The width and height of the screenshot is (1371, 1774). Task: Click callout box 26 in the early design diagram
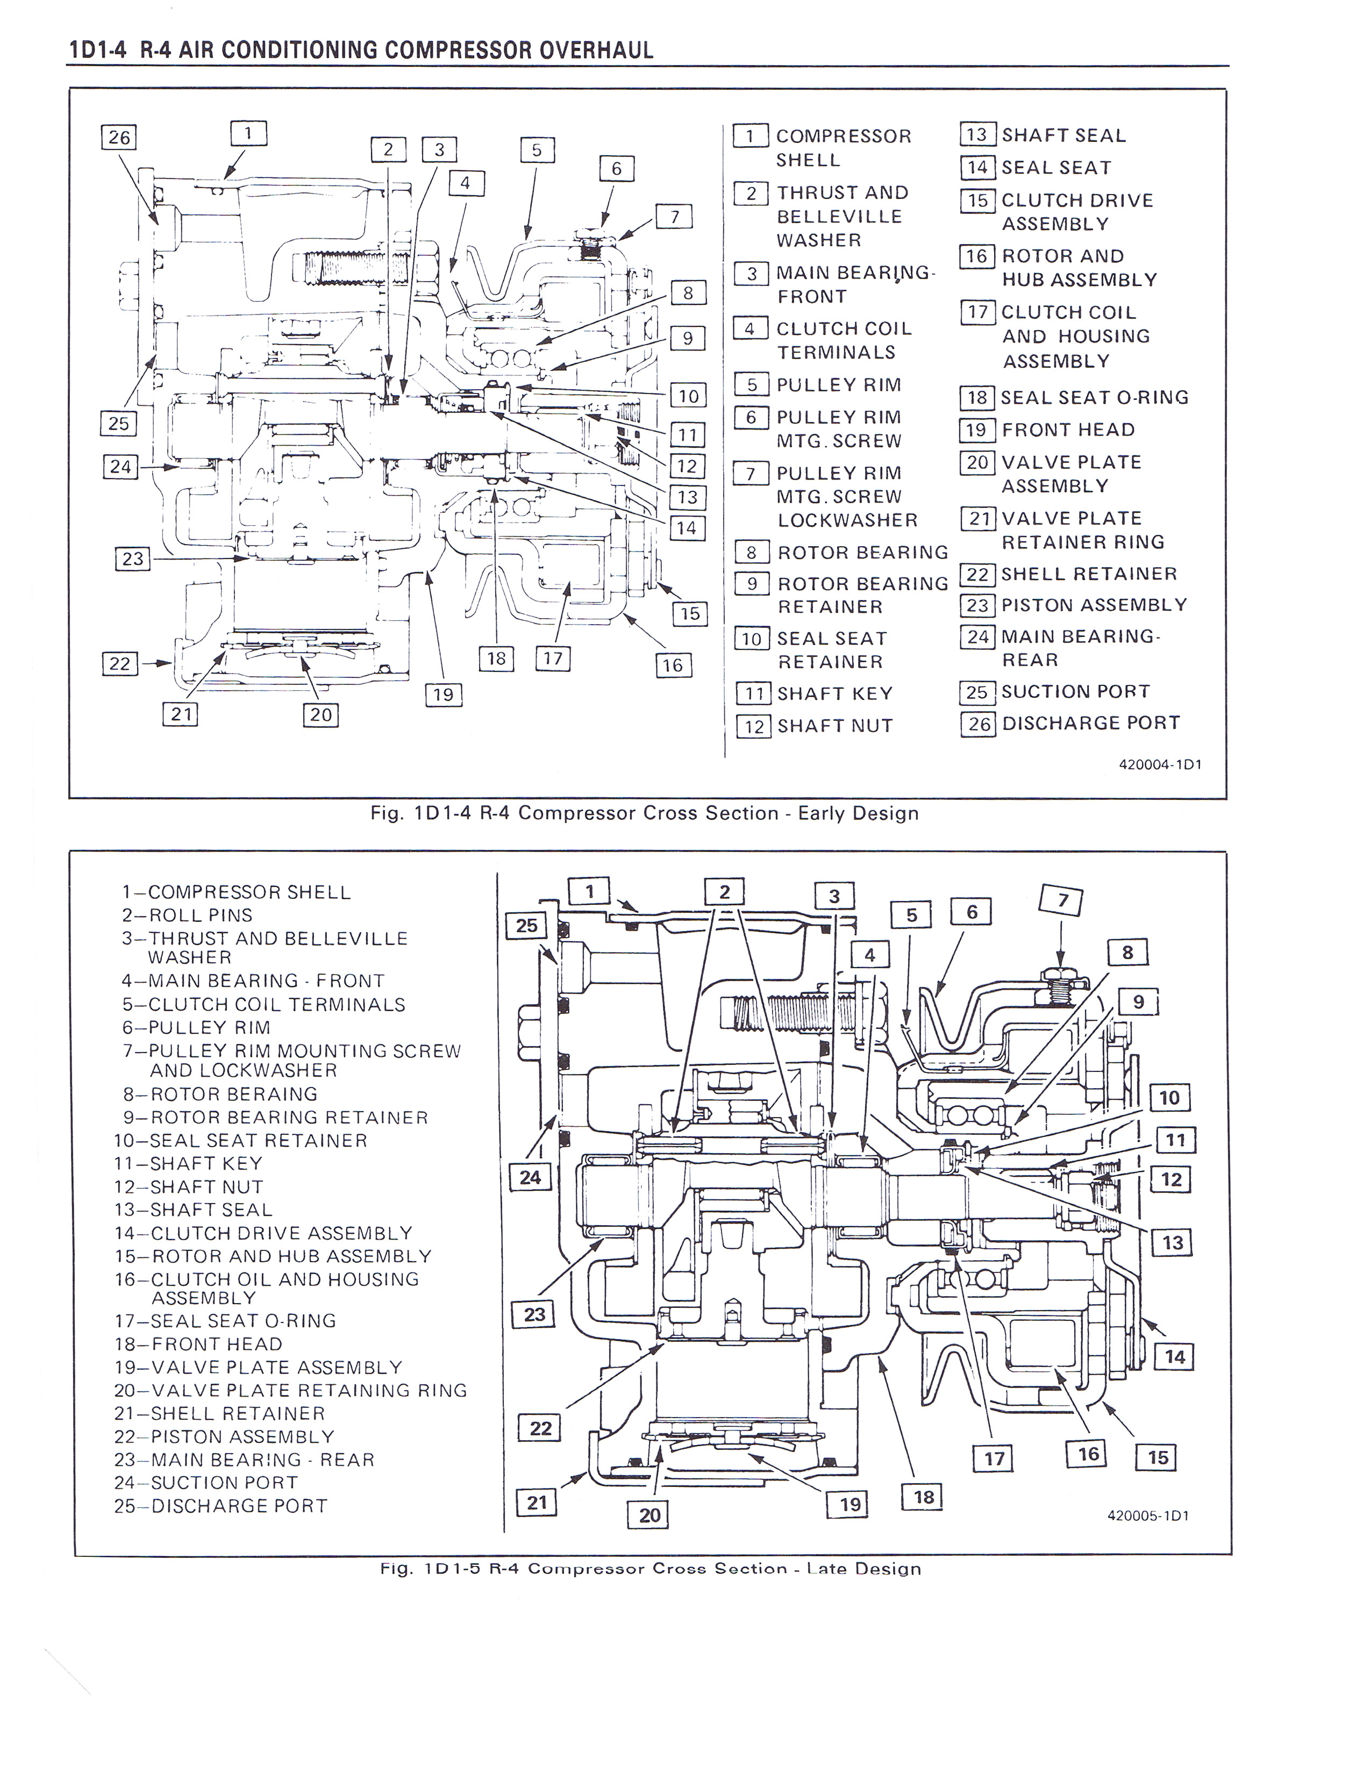119,137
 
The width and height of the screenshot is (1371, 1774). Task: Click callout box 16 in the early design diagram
673,666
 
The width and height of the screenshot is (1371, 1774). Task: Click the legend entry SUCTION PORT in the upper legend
1075,691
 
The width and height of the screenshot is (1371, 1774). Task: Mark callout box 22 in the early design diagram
119,663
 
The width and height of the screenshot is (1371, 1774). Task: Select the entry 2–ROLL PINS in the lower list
187,914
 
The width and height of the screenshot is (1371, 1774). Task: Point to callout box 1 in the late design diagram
590,891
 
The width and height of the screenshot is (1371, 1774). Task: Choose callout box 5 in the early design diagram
537,151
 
